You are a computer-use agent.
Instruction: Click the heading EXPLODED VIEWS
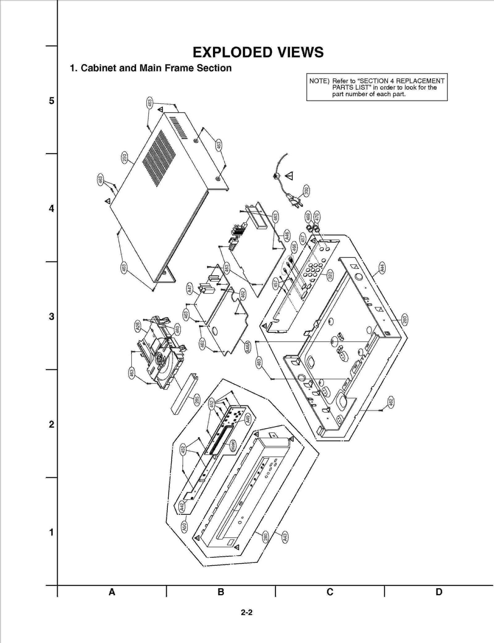pos(258,52)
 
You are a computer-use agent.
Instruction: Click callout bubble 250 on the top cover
pos(124,158)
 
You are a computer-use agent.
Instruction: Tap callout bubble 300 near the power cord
pos(306,191)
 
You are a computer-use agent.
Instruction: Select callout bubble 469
pos(308,216)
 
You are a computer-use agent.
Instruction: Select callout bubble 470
pos(316,216)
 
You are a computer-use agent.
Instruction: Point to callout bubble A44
pos(382,268)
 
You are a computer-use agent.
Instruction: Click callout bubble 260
pos(404,319)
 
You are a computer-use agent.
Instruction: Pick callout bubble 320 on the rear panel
pos(330,275)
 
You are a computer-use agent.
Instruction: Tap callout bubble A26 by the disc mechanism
pos(138,326)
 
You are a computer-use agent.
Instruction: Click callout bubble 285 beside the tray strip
pos(197,400)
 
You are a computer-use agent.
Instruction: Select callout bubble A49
pos(248,419)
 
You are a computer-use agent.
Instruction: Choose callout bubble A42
pos(182,506)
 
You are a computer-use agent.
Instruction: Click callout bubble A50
pos(184,527)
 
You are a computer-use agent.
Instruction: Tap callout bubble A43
pos(285,537)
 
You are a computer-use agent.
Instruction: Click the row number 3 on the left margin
pos(52,316)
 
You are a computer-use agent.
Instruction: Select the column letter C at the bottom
pos(330,592)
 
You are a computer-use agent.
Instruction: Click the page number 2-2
pos(247,612)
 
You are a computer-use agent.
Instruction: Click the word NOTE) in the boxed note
pos(319,81)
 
